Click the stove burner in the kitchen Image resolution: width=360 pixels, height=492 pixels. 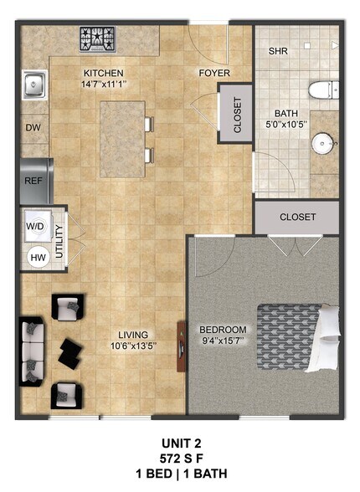[x=98, y=38]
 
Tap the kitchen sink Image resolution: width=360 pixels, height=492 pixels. [x=34, y=84]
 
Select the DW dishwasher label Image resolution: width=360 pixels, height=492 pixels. [x=33, y=128]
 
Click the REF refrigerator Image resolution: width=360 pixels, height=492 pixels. [x=33, y=179]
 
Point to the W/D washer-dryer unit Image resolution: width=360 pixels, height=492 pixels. [x=36, y=226]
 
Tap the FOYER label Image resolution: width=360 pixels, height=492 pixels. [x=213, y=73]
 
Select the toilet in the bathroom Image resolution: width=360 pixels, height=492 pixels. [x=322, y=90]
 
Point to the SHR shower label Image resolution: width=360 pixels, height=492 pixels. [x=279, y=51]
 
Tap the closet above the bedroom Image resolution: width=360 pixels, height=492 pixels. [x=297, y=217]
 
